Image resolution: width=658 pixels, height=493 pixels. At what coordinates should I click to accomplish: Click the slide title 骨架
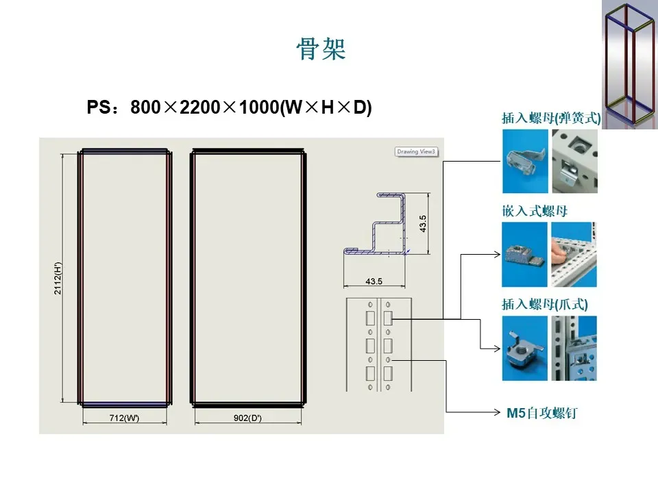click(321, 49)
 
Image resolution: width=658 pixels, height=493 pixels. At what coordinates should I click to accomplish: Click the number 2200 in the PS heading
click(199, 108)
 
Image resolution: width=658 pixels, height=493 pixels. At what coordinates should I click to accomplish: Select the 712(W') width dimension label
click(125, 418)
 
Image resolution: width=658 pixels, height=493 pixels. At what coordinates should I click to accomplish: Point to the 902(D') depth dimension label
click(245, 418)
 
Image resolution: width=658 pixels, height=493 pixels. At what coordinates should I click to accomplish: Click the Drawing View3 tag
click(416, 151)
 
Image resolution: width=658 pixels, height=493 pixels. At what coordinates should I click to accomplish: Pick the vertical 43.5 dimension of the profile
click(423, 223)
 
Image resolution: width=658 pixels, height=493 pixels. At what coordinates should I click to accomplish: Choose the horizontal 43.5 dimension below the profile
click(374, 281)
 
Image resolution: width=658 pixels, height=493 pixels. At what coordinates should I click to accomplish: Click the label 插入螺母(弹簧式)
click(551, 118)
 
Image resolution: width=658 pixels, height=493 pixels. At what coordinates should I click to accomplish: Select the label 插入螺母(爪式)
click(545, 304)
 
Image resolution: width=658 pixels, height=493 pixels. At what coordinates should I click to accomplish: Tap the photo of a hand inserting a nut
click(574, 254)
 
